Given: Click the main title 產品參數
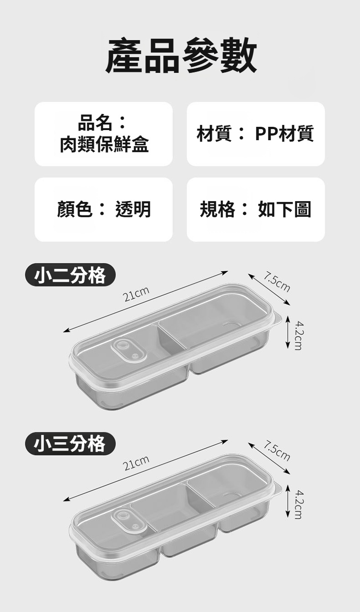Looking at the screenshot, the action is [x=180, y=55].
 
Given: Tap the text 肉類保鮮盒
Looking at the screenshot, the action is [x=104, y=144].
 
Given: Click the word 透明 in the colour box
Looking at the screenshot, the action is [x=133, y=209].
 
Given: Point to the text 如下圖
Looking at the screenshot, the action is [x=285, y=209].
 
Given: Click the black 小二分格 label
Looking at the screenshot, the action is [x=70, y=275].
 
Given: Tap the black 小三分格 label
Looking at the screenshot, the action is [x=70, y=444].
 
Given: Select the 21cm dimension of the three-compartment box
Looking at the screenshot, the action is [x=137, y=463].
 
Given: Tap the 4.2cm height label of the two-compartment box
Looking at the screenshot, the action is [x=300, y=335].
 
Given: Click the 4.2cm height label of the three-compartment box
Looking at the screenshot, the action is [x=300, y=505].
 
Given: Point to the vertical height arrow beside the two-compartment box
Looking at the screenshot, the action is [x=288, y=332].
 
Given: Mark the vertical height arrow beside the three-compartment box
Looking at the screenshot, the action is [x=288, y=501].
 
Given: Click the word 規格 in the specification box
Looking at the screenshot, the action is [x=217, y=209].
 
